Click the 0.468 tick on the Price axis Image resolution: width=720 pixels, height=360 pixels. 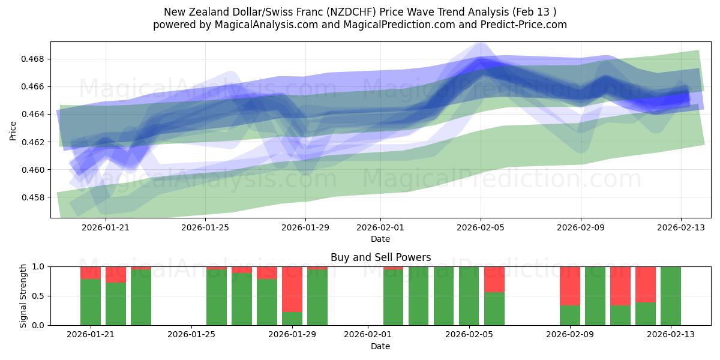coord(35,59)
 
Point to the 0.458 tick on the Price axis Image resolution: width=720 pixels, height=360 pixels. coord(35,197)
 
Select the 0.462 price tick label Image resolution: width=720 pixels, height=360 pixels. coord(35,142)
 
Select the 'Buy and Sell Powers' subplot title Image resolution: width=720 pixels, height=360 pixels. coord(380,257)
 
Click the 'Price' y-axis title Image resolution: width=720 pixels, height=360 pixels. coord(13,130)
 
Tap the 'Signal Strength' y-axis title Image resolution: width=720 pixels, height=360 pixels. coord(23,296)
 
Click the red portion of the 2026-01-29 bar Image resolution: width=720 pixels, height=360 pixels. coord(292,289)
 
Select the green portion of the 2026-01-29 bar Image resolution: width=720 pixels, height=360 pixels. coord(292,319)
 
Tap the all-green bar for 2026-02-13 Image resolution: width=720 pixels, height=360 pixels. coord(671,296)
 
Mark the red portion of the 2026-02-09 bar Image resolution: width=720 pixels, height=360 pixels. coord(570,286)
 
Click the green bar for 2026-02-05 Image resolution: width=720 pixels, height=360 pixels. coord(469,296)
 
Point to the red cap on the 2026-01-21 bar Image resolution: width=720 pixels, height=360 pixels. coord(91,272)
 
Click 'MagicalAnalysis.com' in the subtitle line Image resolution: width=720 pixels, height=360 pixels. coord(262,25)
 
